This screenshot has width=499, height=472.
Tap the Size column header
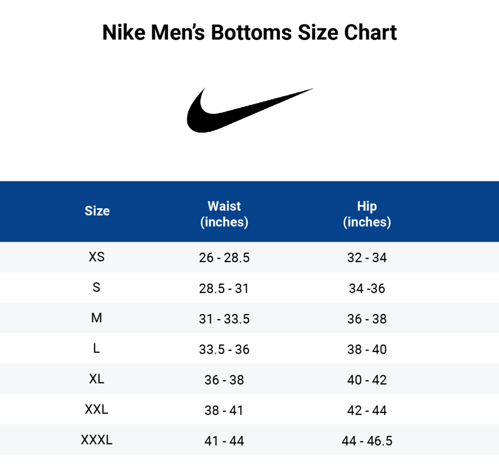click(97, 211)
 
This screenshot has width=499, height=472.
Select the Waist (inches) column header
click(224, 214)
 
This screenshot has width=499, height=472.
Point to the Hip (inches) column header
click(367, 214)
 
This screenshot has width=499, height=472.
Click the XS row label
click(97, 257)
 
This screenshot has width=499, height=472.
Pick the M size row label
click(97, 318)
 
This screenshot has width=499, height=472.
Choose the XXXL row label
click(97, 440)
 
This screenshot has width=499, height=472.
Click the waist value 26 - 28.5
click(224, 258)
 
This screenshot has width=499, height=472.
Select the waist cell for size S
click(224, 288)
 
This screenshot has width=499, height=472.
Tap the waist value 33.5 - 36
click(224, 349)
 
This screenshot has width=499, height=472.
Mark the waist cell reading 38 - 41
click(224, 411)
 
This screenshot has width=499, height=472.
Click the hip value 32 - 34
click(367, 258)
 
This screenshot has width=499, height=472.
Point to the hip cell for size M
click(367, 319)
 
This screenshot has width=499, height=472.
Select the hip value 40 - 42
click(367, 380)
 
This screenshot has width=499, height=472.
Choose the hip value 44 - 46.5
click(367, 441)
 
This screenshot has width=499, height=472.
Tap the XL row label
click(97, 379)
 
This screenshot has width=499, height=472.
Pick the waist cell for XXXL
click(224, 441)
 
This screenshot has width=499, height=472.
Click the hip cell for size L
click(367, 349)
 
